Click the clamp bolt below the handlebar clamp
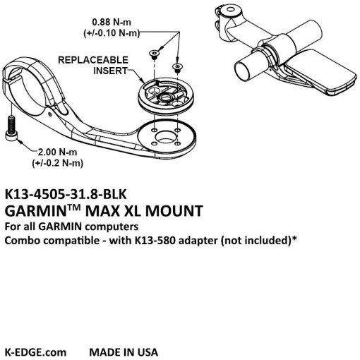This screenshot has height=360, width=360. (x=11, y=128)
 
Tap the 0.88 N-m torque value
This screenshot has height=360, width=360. (x=112, y=22)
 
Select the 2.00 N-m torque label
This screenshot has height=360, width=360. (x=58, y=152)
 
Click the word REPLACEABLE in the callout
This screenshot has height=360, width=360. (x=93, y=60)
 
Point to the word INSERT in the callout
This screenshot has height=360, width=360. (x=110, y=71)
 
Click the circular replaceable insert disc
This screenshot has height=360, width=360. (x=166, y=97)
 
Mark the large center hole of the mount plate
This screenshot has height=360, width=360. (x=166, y=137)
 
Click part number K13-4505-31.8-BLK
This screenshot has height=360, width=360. (x=66, y=194)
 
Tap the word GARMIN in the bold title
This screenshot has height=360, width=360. (x=36, y=211)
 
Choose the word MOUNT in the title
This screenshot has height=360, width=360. (x=174, y=211)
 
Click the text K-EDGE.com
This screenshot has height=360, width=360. (x=35, y=352)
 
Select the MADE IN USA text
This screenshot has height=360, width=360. (x=124, y=352)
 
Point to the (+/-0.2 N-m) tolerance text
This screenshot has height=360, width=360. (x=58, y=163)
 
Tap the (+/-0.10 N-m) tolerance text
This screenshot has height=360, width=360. (x=112, y=32)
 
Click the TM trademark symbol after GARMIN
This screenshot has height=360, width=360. (x=74, y=207)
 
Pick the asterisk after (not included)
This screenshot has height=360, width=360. (x=294, y=239)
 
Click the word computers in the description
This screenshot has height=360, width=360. (x=112, y=227)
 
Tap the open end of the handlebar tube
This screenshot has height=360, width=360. (x=242, y=70)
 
